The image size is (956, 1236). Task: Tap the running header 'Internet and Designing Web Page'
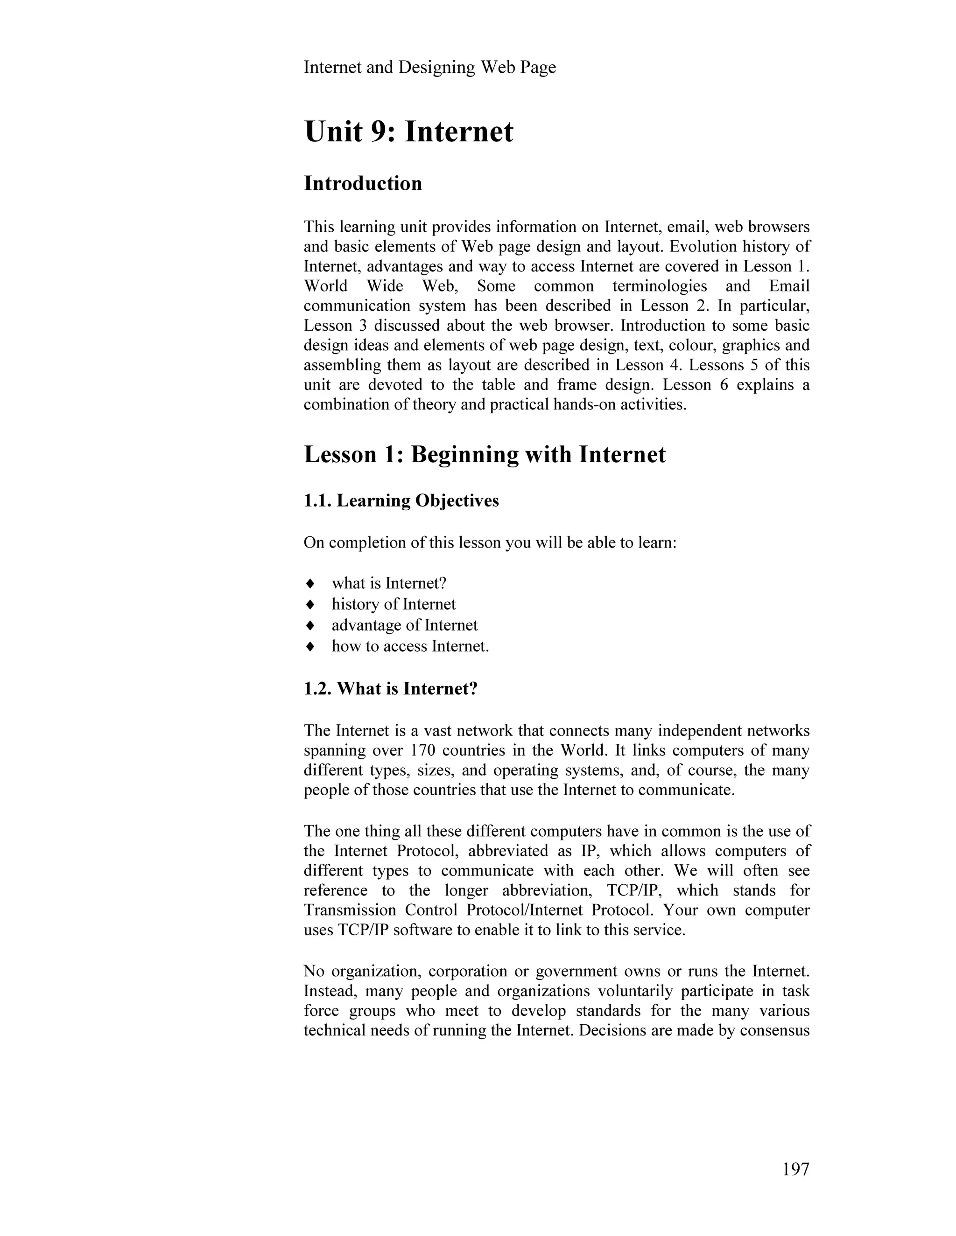(x=430, y=67)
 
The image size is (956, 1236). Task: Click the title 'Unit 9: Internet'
(x=408, y=132)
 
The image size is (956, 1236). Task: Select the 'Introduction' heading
(x=363, y=183)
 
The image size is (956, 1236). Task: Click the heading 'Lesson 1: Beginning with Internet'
(x=485, y=454)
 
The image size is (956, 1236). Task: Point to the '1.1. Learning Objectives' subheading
(x=401, y=501)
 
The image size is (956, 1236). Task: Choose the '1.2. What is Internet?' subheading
(x=391, y=689)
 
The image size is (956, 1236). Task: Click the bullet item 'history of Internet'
(x=394, y=604)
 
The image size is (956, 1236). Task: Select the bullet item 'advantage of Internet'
(x=404, y=625)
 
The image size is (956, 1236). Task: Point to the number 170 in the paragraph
(x=422, y=750)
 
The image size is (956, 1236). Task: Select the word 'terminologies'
(x=660, y=286)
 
